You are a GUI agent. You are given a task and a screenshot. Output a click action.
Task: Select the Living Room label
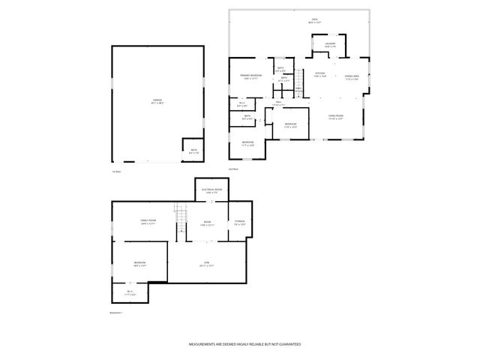point(335,117)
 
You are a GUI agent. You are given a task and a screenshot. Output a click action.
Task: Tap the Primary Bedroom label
point(250,76)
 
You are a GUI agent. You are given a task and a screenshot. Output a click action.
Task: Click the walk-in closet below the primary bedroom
point(241,103)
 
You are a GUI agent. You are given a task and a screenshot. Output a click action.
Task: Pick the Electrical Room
point(211,190)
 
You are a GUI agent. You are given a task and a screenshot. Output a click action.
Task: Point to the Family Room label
point(147,221)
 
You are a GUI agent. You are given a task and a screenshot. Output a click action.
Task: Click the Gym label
point(206,263)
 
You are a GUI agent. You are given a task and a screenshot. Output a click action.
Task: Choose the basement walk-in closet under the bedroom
point(130,293)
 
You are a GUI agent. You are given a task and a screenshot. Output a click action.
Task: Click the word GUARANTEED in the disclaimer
point(286,343)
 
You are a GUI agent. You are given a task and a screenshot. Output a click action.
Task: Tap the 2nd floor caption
point(233,170)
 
